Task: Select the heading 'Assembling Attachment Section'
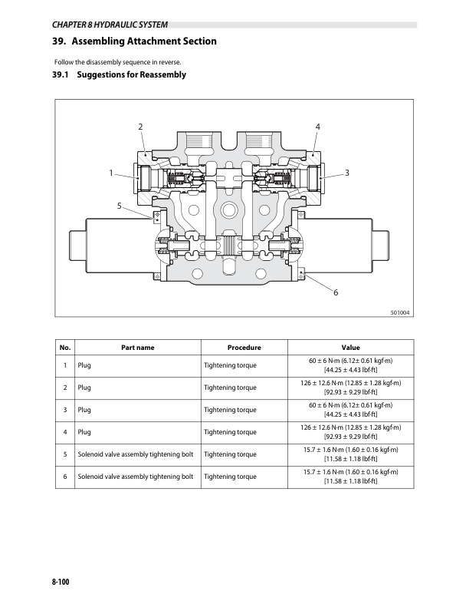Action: point(134,41)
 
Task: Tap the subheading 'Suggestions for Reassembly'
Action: point(119,75)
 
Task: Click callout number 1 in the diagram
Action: point(111,173)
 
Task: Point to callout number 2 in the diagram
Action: point(140,126)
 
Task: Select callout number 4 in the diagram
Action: point(317,126)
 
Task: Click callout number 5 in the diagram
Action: point(119,206)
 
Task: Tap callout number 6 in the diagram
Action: point(335,292)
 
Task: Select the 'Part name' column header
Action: point(138,348)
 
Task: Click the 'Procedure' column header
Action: point(244,348)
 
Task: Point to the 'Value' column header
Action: point(350,348)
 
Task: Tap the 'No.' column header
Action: point(65,348)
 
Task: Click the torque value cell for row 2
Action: point(350,388)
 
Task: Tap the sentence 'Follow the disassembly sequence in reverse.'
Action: point(117,61)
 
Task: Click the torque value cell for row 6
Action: point(350,477)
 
